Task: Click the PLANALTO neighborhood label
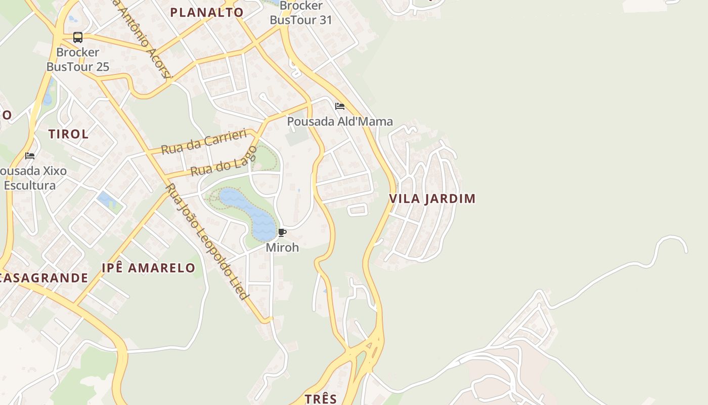tap(206, 12)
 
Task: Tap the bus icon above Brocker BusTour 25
tap(78, 37)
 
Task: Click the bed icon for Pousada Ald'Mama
tap(340, 106)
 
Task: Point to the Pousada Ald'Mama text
tap(340, 121)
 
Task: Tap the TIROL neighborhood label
tap(68, 134)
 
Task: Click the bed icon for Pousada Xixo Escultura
tap(30, 155)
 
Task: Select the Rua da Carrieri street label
tap(204, 141)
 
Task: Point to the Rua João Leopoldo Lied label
tap(207, 241)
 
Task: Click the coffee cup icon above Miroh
tap(282, 233)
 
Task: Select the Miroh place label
tap(282, 248)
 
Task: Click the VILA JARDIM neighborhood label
tap(432, 198)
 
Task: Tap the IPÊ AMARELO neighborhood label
tap(148, 268)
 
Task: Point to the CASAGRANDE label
tap(43, 278)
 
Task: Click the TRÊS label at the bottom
tap(321, 398)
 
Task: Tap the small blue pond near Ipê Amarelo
tap(108, 200)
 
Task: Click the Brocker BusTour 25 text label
tap(78, 59)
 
